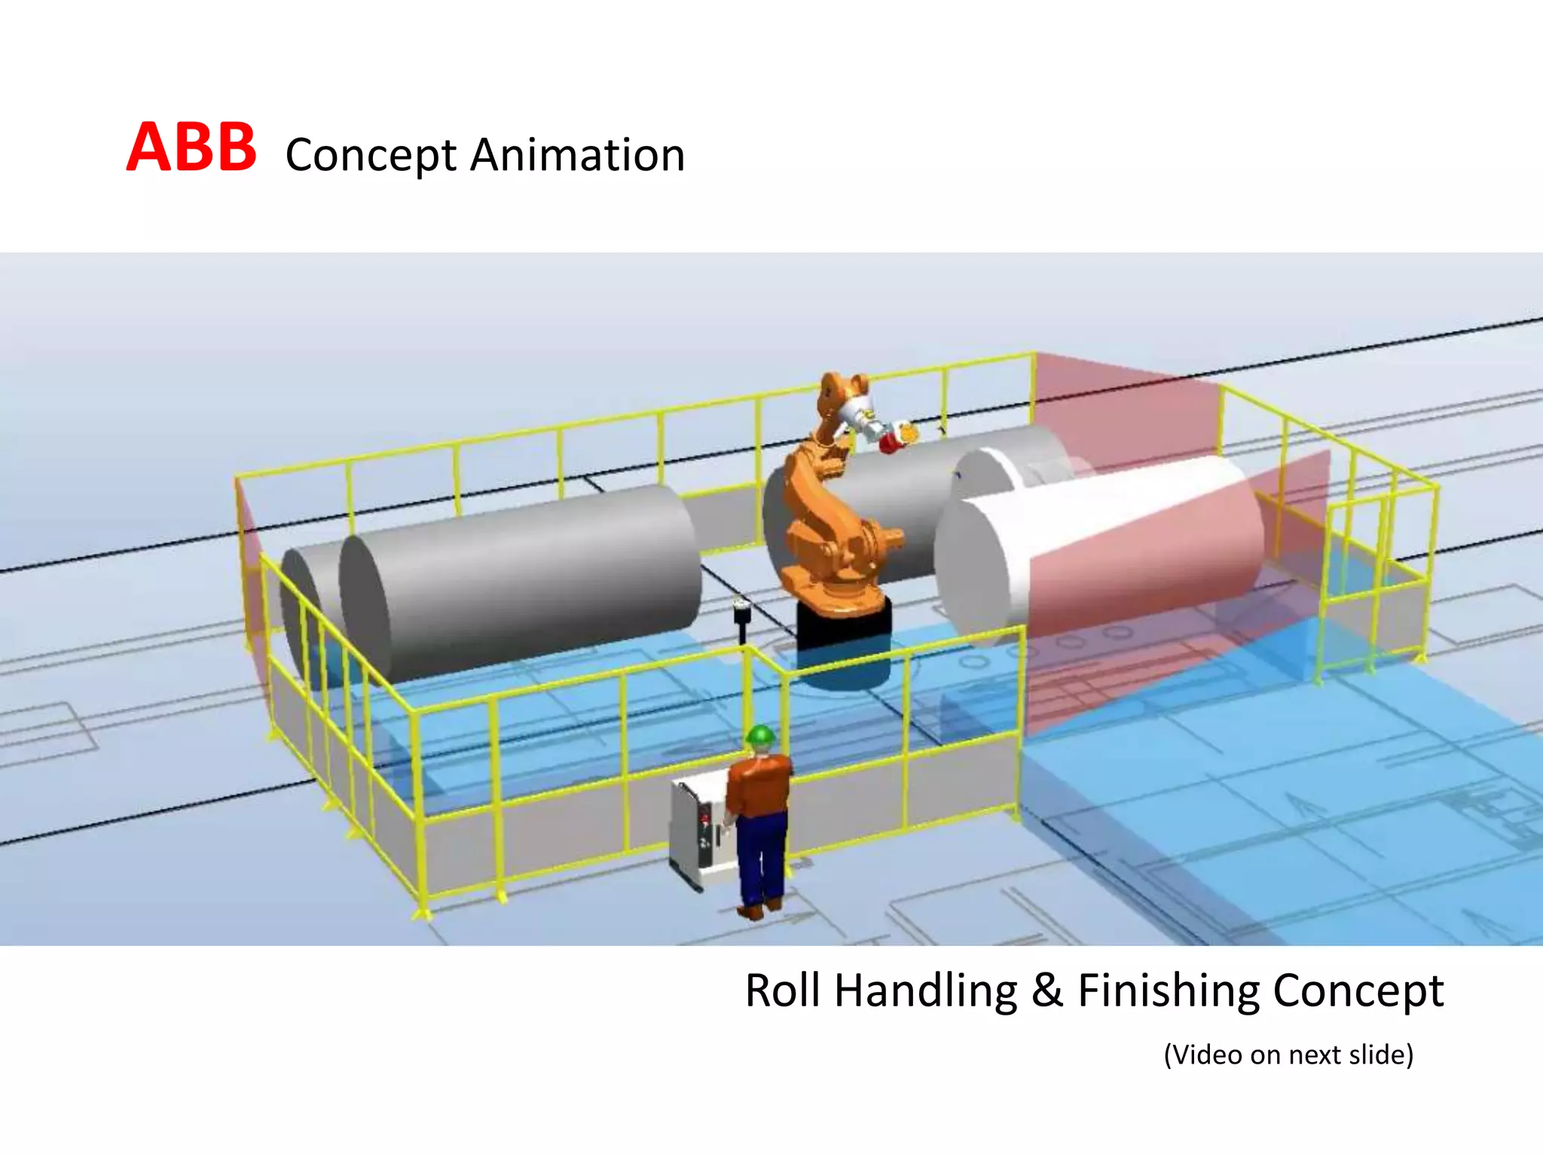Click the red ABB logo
pos(191,148)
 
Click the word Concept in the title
pos(371,156)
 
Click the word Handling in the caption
pos(926,991)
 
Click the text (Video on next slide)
pos(1288,1055)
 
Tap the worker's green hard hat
pos(761,735)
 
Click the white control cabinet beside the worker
pos(697,832)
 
